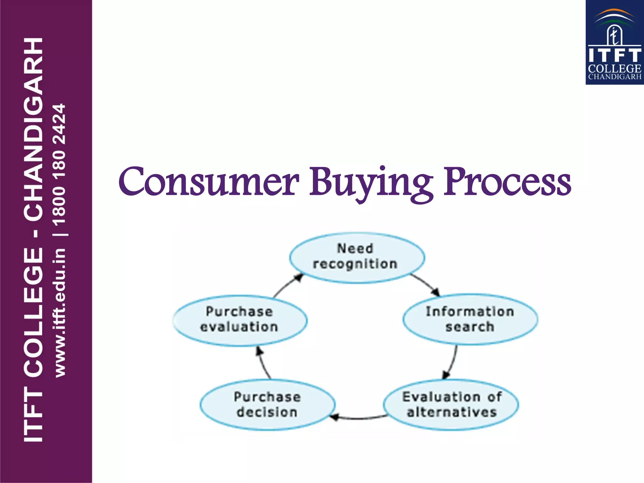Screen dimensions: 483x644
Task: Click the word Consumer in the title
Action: [208, 182]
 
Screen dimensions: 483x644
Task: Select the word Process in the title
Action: [507, 182]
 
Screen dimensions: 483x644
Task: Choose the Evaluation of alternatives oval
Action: [451, 404]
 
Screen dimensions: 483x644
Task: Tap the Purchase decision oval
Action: [267, 404]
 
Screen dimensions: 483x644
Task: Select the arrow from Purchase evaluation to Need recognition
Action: [287, 285]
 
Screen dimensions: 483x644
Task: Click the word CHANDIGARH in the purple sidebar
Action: [33, 129]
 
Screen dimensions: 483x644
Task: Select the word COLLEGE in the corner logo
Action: [615, 69]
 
